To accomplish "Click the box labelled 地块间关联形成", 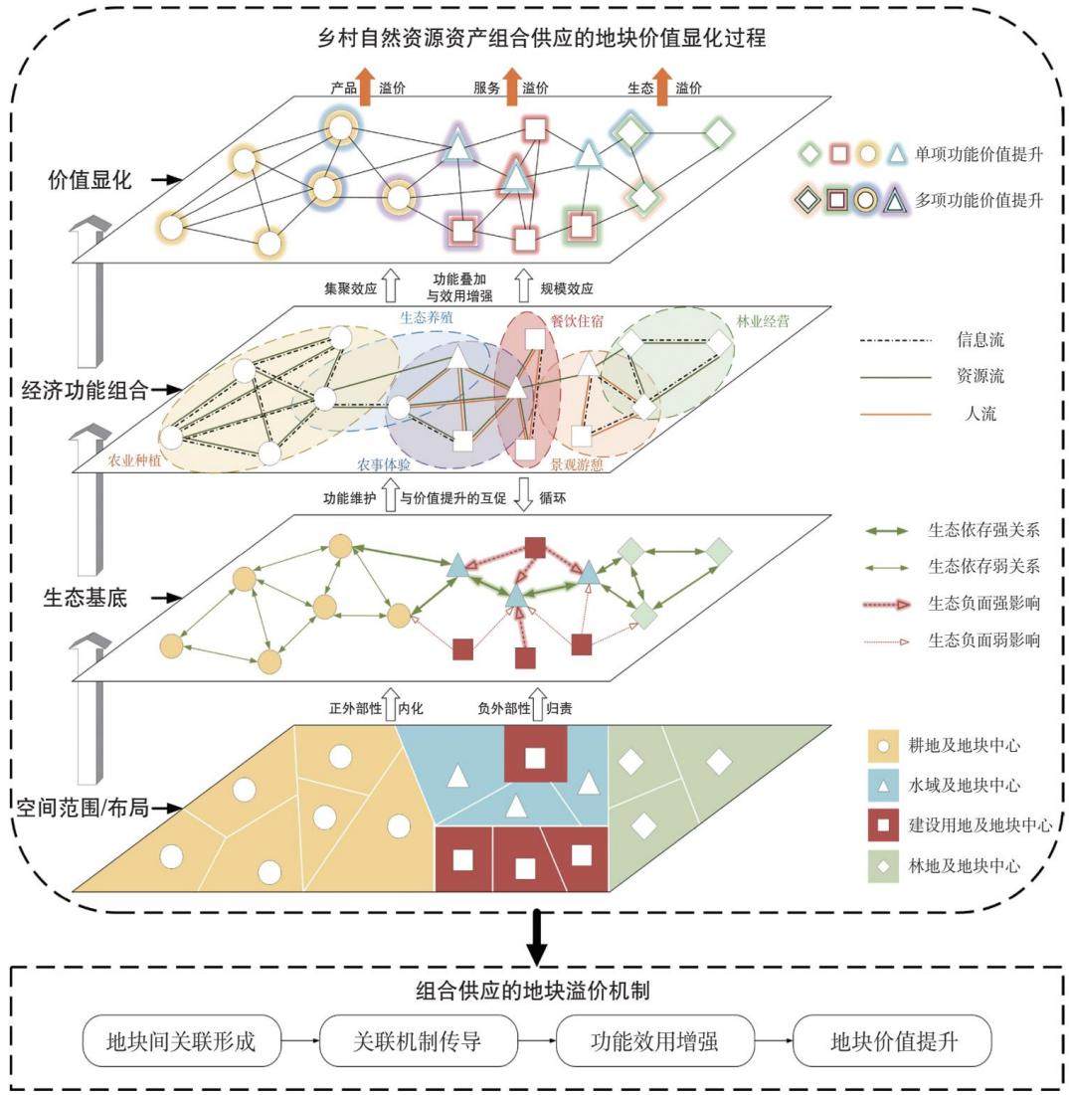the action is [182, 1040].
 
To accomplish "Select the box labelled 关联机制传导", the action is [418, 1040].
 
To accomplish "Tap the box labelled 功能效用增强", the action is [654, 1040].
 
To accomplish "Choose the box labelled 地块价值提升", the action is [892, 1040].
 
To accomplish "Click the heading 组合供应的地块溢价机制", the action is [533, 991].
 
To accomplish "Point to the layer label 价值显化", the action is [89, 179].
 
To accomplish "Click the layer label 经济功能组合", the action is [85, 390].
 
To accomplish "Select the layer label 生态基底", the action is [86, 598].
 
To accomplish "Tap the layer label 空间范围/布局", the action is [83, 808].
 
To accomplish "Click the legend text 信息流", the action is [980, 340].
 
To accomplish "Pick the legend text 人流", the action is [980, 414].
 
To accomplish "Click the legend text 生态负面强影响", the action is [983, 603].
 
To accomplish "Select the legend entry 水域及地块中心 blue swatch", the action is [883, 786].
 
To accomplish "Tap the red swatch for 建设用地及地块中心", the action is [883, 825].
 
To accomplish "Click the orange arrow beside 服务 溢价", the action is [512, 87].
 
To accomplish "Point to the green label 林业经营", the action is [763, 321].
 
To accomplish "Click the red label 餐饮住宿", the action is [577, 321].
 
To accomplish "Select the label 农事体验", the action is [383, 464].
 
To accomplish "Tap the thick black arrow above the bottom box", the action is [536, 937].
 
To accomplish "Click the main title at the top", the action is [542, 37].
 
